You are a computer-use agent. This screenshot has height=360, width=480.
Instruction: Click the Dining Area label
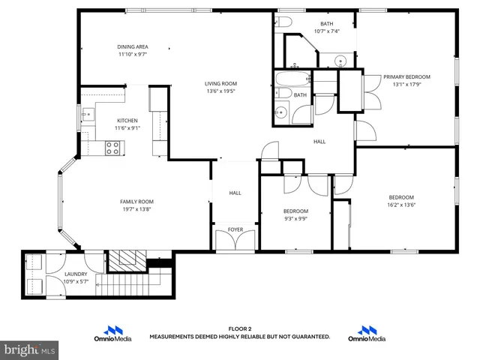tap(132, 46)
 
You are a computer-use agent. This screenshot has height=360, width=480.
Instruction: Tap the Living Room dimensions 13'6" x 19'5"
tap(221, 91)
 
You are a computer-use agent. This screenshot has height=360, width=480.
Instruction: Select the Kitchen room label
tap(127, 120)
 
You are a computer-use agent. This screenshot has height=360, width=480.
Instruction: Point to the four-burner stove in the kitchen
tap(113, 148)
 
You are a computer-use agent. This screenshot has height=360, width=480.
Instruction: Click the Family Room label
tap(136, 201)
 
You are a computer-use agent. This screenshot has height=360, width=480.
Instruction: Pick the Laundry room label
tap(76, 274)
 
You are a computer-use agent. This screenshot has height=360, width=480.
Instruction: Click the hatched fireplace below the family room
tap(124, 260)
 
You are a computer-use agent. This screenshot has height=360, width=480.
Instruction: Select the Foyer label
tap(235, 229)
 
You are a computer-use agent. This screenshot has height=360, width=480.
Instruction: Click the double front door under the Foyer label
tap(235, 241)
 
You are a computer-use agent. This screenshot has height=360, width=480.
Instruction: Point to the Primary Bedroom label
tap(406, 76)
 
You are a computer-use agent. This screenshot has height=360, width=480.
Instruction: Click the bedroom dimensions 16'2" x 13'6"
tap(401, 205)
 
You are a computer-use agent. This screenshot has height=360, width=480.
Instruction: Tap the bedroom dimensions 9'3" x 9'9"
tap(295, 219)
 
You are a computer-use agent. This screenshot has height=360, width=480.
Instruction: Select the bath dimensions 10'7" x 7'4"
tap(327, 31)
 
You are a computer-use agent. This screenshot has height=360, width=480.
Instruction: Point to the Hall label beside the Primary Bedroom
tap(319, 141)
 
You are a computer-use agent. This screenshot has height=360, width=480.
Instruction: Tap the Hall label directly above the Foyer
tap(235, 193)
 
